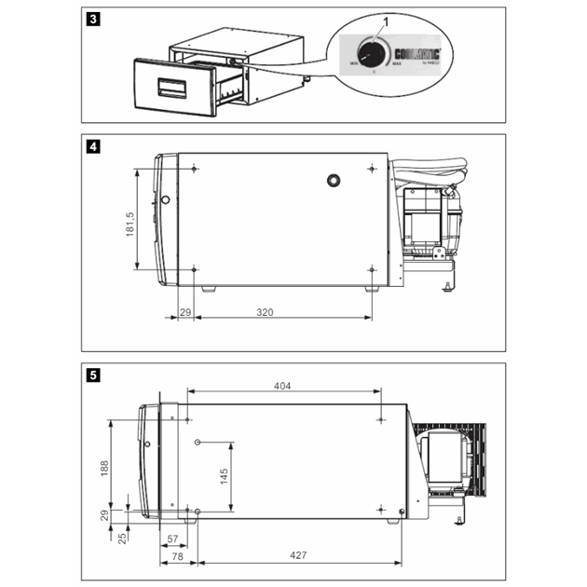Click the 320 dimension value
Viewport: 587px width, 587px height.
pos(265,312)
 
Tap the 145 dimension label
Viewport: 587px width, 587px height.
pos(225,475)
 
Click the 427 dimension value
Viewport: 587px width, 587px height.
pos(298,554)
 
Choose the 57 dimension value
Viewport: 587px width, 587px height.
pos(172,539)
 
